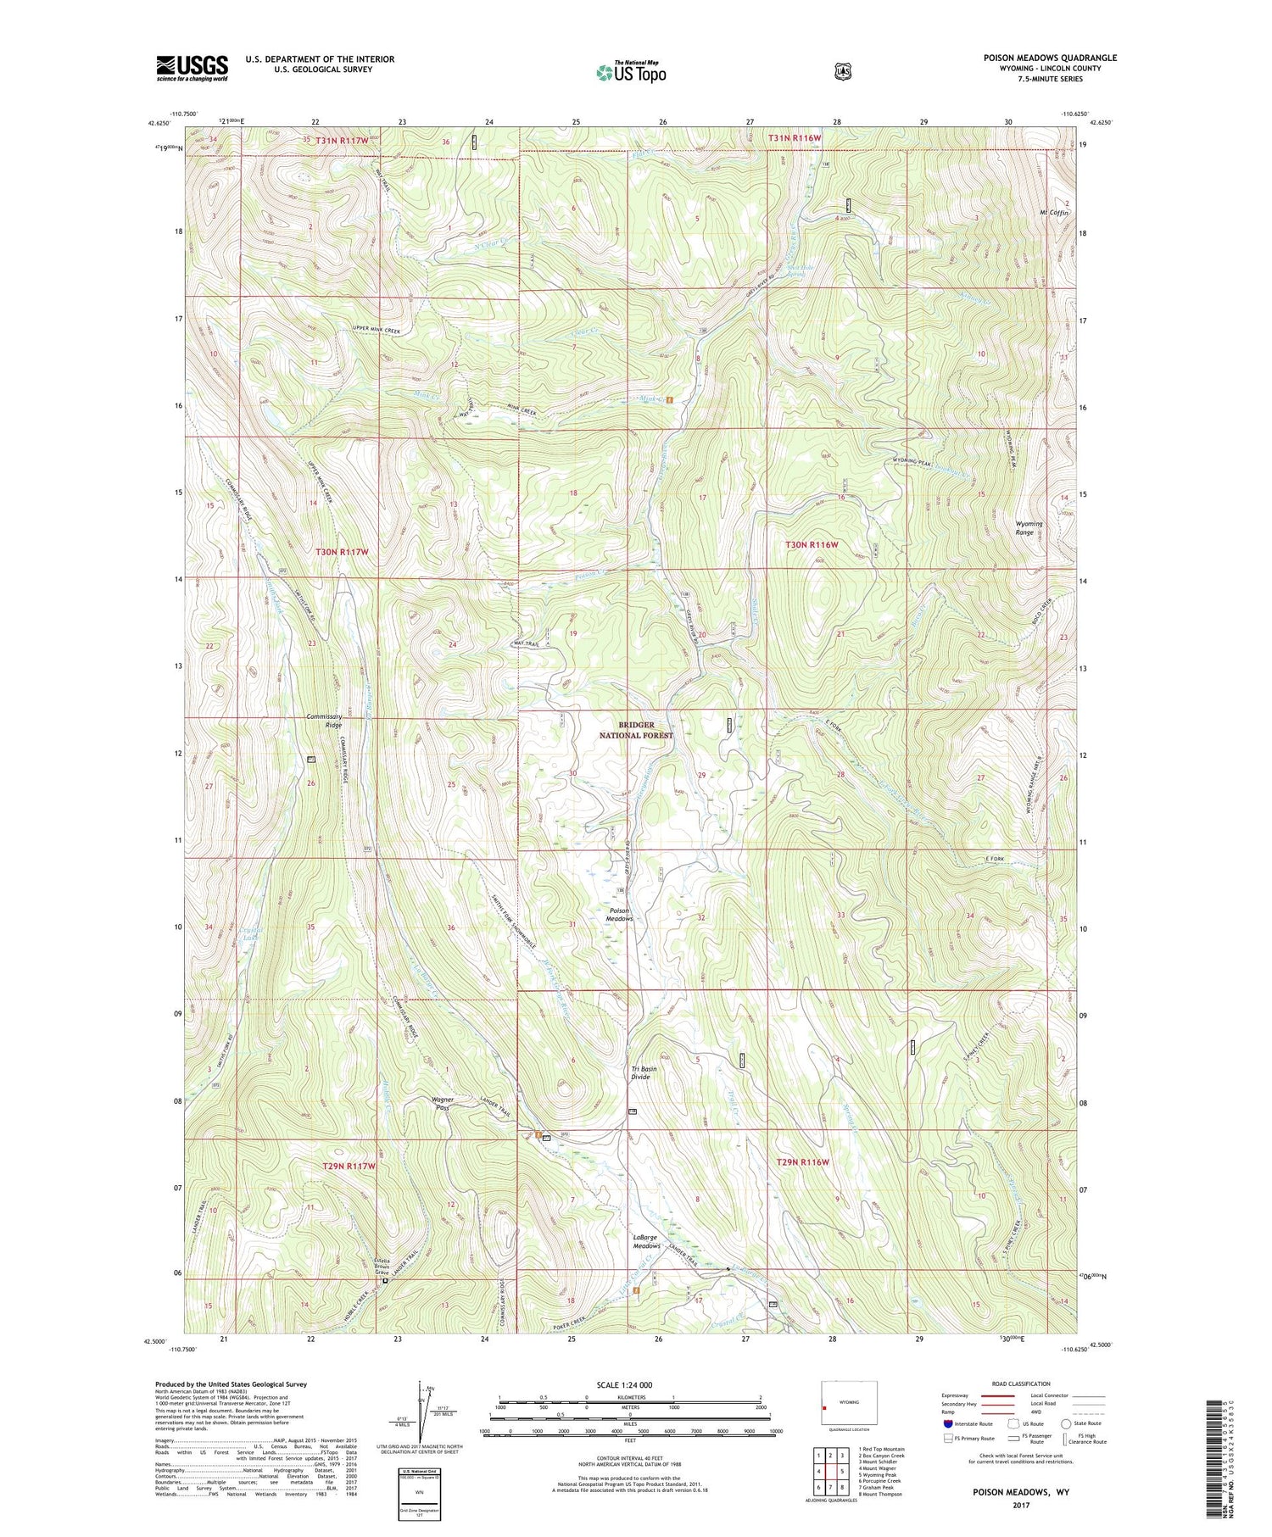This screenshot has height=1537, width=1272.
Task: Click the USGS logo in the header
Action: pos(192,68)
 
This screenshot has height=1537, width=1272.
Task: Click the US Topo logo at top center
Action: pos(631,72)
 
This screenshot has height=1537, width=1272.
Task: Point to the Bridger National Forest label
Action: pos(636,730)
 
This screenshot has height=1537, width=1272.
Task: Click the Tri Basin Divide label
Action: pos(643,1072)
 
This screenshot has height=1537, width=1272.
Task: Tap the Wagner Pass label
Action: pos(443,1104)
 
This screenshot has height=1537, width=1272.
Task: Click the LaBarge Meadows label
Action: pos(646,1241)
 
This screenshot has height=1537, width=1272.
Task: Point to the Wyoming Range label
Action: pos(1029,528)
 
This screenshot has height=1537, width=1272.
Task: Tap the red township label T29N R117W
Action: pos(349,1166)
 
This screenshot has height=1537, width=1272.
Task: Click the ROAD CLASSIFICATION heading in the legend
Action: pos(1019,1384)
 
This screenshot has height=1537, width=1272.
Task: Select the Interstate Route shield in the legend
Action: pos(948,1423)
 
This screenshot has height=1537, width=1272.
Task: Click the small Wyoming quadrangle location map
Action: pos(849,1403)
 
